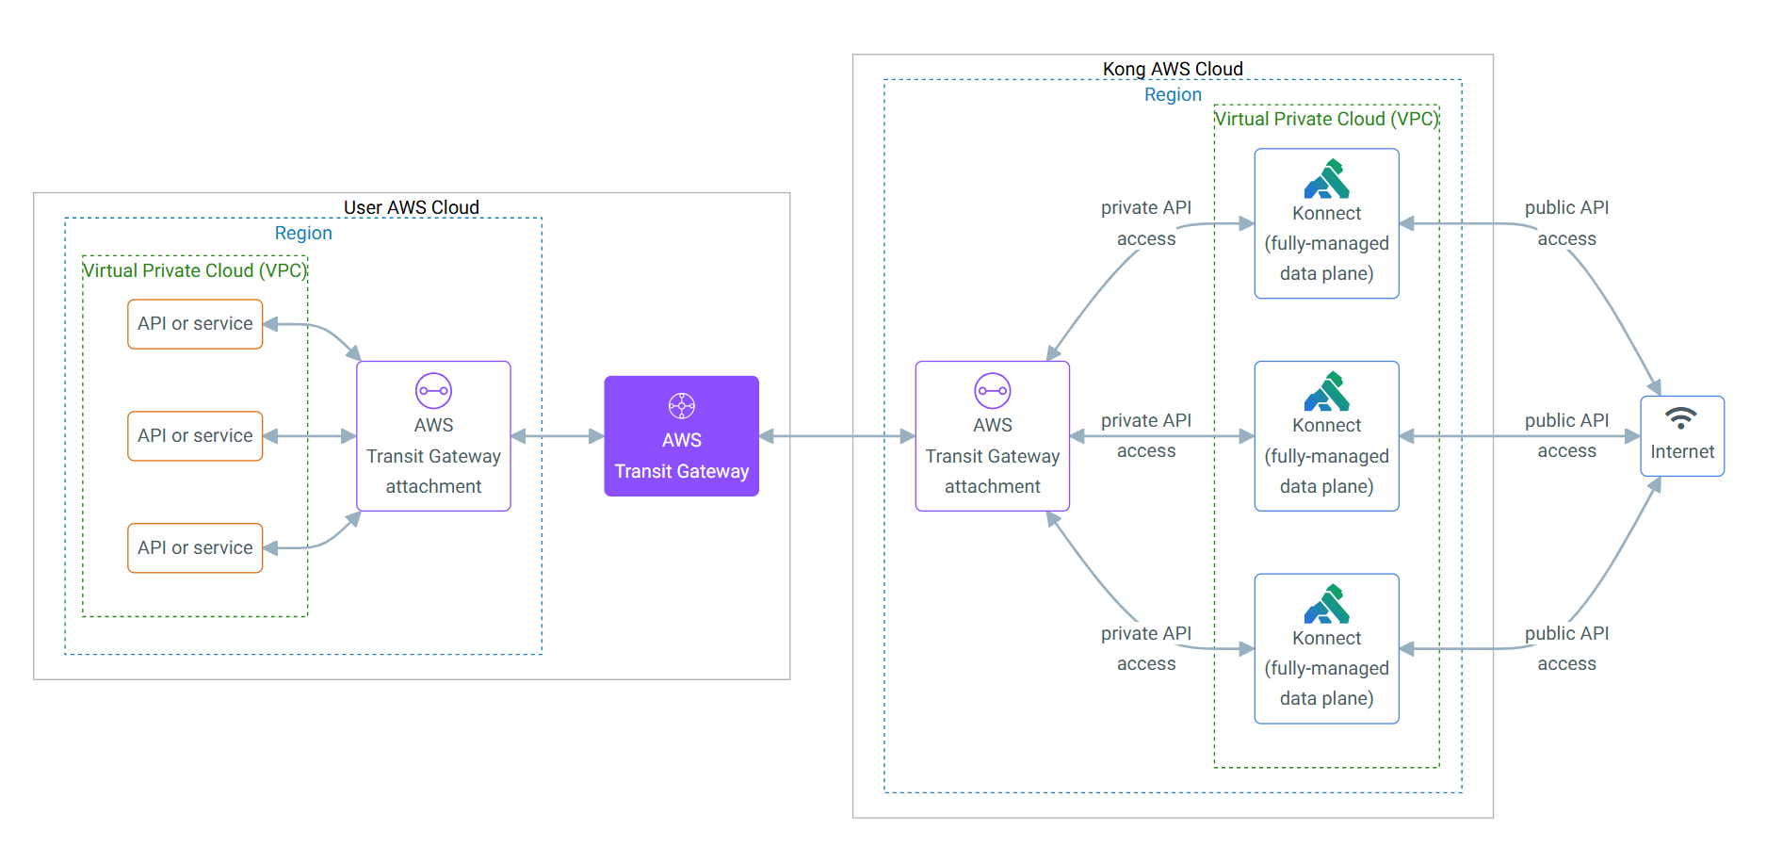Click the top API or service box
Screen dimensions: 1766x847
(x=195, y=324)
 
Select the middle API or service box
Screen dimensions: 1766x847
(x=195, y=436)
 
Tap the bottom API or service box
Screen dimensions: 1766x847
(x=195, y=548)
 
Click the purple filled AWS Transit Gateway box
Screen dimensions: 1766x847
(x=682, y=436)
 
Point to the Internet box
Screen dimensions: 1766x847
(x=1682, y=436)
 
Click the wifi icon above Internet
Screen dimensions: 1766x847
(x=1681, y=417)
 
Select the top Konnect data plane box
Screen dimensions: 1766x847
(x=1327, y=223)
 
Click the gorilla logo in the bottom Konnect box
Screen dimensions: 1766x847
(x=1327, y=604)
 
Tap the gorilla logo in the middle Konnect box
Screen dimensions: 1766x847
(x=1327, y=391)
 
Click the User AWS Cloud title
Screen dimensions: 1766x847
(x=412, y=207)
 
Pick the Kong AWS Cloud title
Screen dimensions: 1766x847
(x=1173, y=69)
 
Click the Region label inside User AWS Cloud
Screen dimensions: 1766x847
(x=303, y=233)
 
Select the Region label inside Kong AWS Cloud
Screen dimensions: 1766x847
(x=1173, y=94)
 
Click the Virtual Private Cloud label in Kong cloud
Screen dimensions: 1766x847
(x=1326, y=119)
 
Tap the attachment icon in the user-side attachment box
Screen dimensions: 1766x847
(x=433, y=391)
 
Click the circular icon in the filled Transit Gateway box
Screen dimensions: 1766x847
(x=682, y=406)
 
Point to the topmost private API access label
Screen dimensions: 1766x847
(x=1146, y=223)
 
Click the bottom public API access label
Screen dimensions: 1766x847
(x=1567, y=648)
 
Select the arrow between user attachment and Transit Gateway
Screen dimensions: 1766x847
(x=558, y=436)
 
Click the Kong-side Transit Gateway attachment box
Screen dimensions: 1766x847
(x=993, y=436)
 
